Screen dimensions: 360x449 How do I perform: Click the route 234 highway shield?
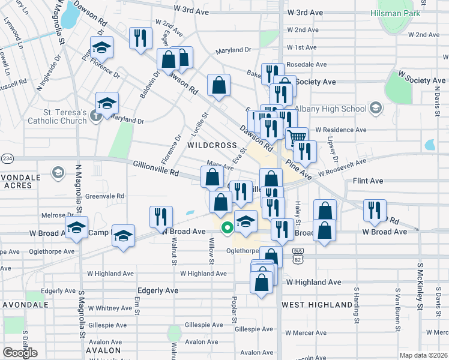click(7, 158)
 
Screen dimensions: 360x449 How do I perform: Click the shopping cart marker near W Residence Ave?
click(296, 138)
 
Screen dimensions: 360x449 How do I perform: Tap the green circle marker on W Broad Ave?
click(227, 227)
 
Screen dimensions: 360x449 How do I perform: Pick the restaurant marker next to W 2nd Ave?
click(140, 38)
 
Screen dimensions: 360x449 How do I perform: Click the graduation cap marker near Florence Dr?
click(101, 47)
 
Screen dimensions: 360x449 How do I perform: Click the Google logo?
click(20, 353)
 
